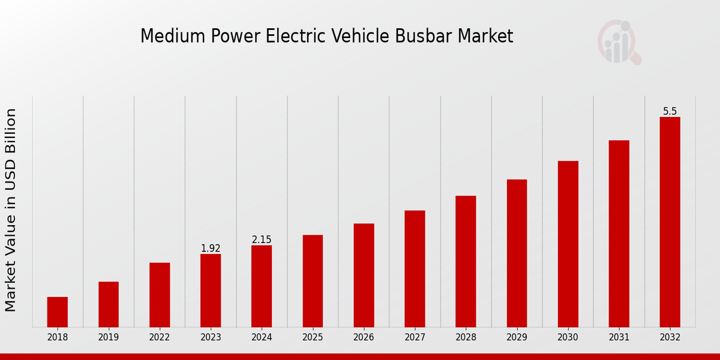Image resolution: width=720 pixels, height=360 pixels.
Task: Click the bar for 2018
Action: (x=58, y=312)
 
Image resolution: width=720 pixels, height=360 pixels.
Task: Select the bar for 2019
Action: (x=109, y=304)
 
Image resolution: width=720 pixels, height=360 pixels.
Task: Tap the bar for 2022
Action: (x=160, y=295)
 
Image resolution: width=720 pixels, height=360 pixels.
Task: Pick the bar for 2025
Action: (x=313, y=281)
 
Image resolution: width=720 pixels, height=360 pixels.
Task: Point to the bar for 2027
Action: (x=415, y=269)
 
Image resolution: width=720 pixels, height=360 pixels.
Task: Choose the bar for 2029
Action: (x=517, y=253)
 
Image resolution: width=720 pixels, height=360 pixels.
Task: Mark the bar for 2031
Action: (x=619, y=233)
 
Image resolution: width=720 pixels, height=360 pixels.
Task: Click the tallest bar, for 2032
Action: (x=670, y=222)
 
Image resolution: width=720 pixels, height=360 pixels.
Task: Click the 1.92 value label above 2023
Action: (x=211, y=248)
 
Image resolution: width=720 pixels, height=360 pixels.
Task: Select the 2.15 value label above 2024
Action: (x=262, y=240)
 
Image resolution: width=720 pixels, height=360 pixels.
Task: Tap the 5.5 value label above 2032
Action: (x=670, y=112)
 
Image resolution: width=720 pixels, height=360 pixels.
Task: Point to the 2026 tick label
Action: (x=364, y=337)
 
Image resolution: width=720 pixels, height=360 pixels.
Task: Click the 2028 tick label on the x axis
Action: (x=466, y=337)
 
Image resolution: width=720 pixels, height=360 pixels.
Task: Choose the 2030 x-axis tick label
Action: (x=568, y=337)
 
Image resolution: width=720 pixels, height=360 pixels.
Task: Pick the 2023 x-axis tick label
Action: (x=211, y=337)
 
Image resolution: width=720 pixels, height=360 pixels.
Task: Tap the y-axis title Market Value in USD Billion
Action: (x=11, y=210)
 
